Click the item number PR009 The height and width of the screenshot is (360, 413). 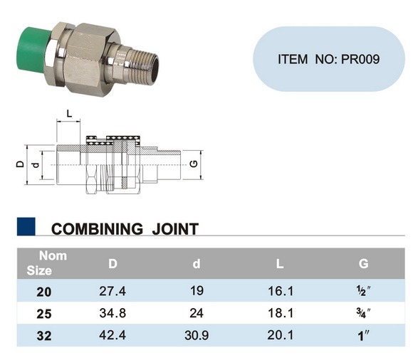tap(360, 59)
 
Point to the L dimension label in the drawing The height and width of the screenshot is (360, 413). tap(69, 114)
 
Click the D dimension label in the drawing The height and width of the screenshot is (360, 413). tap(20, 164)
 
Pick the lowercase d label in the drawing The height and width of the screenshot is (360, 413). tap(36, 165)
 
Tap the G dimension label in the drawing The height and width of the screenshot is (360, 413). tap(194, 164)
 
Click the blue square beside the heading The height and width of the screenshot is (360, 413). tap(26, 226)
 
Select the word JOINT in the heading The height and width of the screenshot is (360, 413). tap(175, 229)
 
